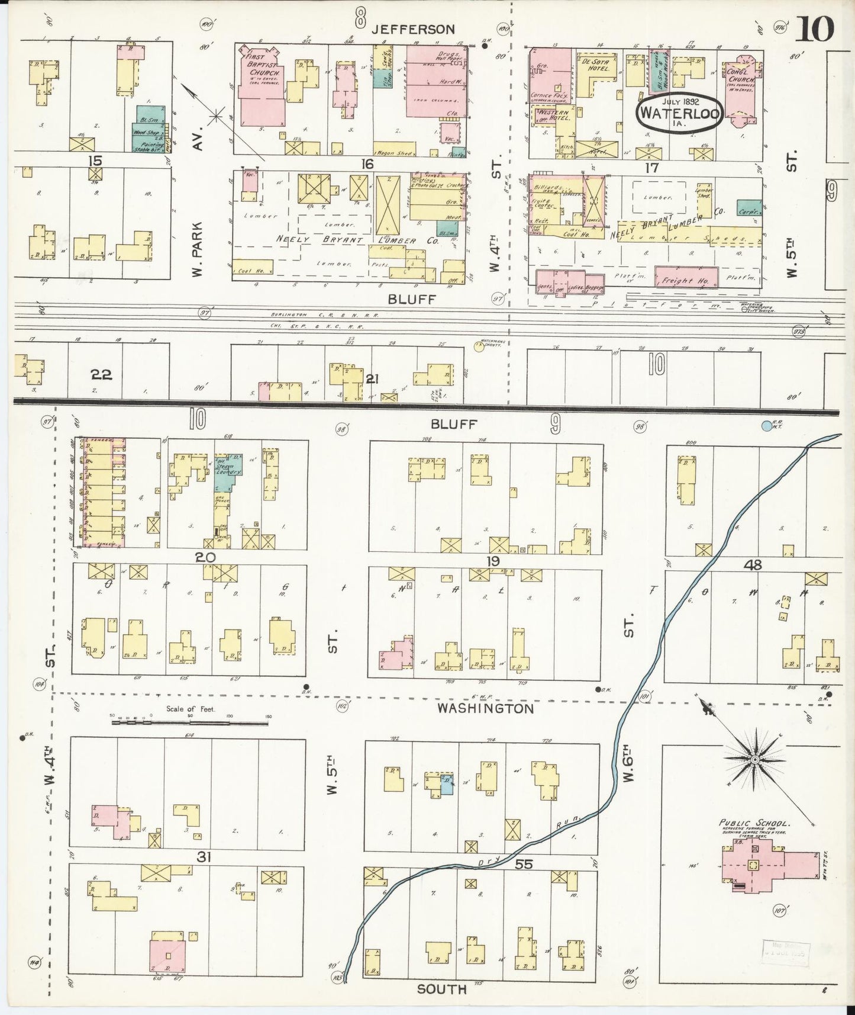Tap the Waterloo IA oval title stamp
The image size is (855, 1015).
679,112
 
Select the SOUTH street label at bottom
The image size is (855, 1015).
441,989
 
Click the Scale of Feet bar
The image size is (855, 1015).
189,722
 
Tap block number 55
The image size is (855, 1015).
524,864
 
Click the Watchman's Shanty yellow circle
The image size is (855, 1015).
478,347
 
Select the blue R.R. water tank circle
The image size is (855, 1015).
767,425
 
